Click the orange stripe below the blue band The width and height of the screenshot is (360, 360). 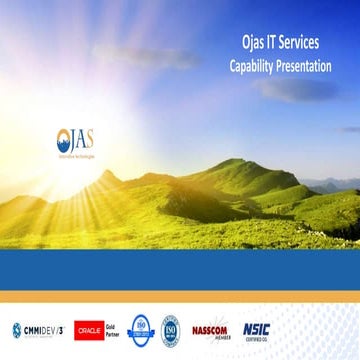point(180,296)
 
